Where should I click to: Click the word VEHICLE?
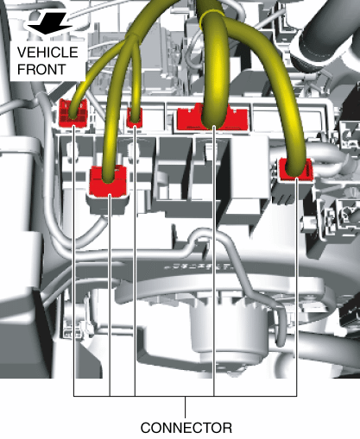point(47,52)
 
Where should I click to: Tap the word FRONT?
point(41,69)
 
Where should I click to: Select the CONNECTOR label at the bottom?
point(186,428)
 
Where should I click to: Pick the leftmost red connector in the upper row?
point(73,113)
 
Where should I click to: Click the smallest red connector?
point(135,117)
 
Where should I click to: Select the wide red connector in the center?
point(212,117)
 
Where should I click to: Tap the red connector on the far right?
point(296,170)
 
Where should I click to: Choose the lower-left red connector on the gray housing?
point(108,181)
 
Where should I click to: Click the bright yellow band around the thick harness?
point(212,15)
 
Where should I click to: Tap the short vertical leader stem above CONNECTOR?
point(185,407)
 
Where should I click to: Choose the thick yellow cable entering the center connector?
point(214,72)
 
